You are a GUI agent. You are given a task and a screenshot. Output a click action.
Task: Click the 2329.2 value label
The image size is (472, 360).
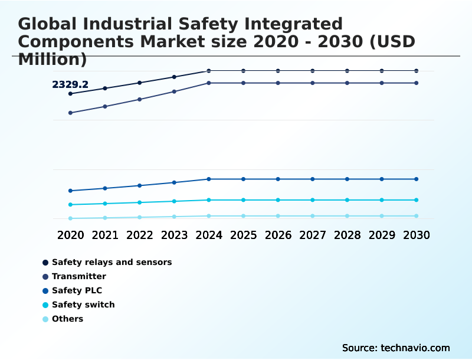tap(70, 85)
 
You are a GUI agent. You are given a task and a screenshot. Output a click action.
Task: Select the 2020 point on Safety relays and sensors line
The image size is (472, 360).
tap(71, 94)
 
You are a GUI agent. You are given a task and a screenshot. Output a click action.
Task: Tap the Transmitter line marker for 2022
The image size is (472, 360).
tap(140, 99)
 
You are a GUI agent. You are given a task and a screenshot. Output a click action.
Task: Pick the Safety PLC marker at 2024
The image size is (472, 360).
tap(209, 179)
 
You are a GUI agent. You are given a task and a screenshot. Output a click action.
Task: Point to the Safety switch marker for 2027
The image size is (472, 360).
tap(313, 200)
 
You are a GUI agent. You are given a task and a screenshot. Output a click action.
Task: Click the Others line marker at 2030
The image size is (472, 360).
tap(416, 216)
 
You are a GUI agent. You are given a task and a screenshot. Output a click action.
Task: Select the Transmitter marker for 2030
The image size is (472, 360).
tap(416, 83)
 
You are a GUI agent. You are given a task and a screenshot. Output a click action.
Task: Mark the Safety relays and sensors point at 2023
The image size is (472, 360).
tap(174, 77)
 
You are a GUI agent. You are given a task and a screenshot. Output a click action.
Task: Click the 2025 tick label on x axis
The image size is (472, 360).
tap(243, 235)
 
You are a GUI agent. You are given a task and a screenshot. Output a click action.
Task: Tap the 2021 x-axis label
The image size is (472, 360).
tap(105, 235)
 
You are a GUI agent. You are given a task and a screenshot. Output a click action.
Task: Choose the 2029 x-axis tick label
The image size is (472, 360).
tap(381, 235)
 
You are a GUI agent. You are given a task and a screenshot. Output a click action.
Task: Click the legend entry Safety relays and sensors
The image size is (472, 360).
tap(112, 262)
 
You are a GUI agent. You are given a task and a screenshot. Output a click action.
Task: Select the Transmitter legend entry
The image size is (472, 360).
tap(79, 276)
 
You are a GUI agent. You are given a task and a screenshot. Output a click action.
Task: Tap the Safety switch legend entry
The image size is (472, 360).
tap(83, 305)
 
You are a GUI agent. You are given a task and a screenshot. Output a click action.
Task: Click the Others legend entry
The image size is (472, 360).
tap(67, 319)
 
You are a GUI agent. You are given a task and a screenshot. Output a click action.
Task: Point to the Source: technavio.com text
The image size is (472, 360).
tap(396, 348)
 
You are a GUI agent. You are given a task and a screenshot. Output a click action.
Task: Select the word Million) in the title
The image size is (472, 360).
tap(53, 60)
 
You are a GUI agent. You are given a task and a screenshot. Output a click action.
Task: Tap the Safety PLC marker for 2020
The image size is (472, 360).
tap(71, 191)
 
